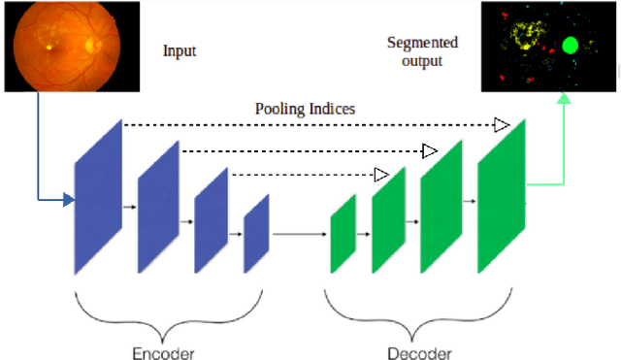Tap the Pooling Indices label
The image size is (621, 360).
click(x=305, y=108)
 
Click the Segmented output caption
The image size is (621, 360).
click(x=422, y=51)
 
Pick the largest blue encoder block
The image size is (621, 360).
click(x=98, y=197)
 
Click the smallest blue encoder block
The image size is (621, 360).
click(x=255, y=233)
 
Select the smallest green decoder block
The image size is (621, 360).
click(x=343, y=234)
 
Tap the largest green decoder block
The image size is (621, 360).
click(x=501, y=195)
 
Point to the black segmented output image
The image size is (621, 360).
click(x=547, y=45)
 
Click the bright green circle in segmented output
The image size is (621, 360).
click(x=570, y=45)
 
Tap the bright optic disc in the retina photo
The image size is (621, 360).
click(x=94, y=44)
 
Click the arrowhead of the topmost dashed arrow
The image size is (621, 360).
click(x=501, y=124)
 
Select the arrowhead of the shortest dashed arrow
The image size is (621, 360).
click(x=381, y=175)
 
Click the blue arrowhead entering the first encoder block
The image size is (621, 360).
click(x=68, y=201)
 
